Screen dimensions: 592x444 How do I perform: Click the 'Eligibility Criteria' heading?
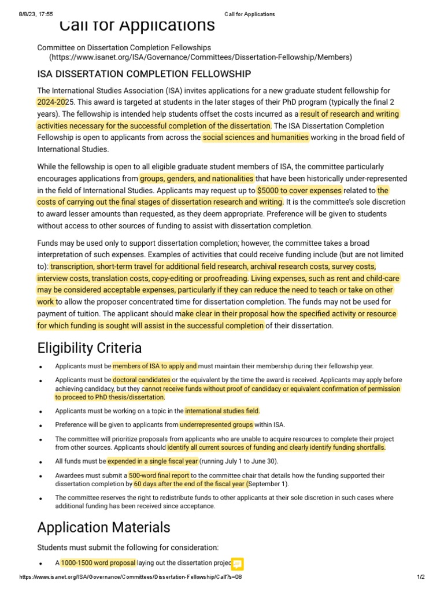[x=89, y=348]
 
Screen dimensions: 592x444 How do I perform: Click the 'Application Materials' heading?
[x=103, y=527]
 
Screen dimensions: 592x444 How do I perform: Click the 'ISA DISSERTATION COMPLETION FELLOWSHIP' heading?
[x=144, y=74]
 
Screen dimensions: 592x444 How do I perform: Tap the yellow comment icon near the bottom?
[x=237, y=564]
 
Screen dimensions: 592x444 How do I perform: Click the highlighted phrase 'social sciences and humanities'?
[x=256, y=137]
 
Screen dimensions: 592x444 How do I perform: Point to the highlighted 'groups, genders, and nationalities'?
[x=197, y=179]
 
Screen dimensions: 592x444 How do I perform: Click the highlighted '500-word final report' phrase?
[x=159, y=476]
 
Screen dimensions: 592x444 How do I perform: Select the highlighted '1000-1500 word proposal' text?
[x=98, y=563]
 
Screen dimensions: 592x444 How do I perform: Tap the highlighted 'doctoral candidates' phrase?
[x=142, y=380]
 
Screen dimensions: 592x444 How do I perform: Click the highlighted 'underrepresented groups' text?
[x=216, y=425]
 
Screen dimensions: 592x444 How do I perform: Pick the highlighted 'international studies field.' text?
[x=223, y=411]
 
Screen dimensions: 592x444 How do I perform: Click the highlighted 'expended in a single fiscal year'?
[x=153, y=461]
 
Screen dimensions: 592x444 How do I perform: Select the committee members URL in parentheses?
[x=200, y=57]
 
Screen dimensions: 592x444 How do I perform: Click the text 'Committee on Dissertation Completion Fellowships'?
[x=124, y=47]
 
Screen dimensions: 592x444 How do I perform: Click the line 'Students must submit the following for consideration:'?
[x=128, y=547]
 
